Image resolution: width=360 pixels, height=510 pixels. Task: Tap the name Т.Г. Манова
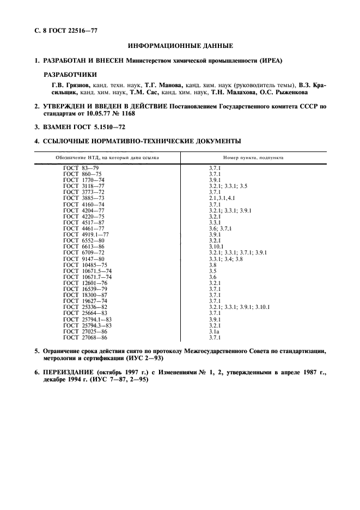[x=163, y=85]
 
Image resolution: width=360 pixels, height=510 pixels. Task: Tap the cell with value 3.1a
[x=214, y=331]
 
